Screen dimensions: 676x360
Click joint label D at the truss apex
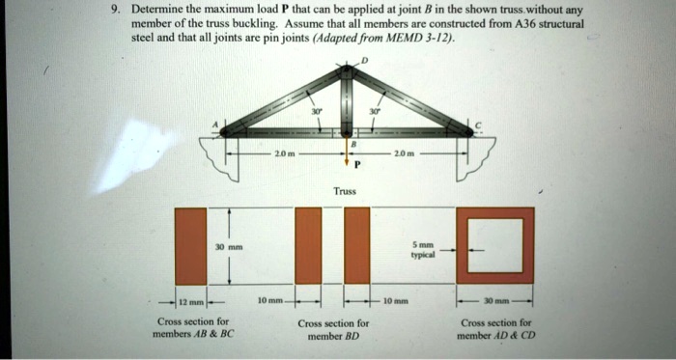pyautogui.click(x=364, y=61)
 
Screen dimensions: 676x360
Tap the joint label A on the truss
pyautogui.click(x=215, y=125)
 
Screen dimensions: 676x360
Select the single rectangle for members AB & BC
pyautogui.click(x=191, y=245)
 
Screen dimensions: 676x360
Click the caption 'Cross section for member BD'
pyautogui.click(x=333, y=330)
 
